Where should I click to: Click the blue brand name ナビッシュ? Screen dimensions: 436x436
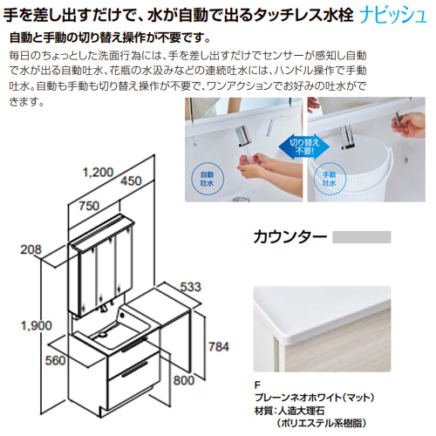[393, 16]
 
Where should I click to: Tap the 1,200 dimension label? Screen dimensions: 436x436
[98, 173]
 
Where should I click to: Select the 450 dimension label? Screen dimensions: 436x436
[131, 181]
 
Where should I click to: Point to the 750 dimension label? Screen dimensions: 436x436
[89, 206]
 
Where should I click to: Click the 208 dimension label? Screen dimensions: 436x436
[31, 249]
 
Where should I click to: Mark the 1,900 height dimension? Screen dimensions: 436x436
[37, 325]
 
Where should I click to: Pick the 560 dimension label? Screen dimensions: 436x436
[55, 360]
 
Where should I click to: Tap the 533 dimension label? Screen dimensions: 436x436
[191, 287]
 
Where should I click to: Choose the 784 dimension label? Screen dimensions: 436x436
[219, 346]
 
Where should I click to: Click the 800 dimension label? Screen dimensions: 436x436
[183, 380]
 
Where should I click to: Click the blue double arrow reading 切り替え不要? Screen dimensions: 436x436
[304, 146]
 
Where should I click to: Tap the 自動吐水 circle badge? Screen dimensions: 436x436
[207, 179]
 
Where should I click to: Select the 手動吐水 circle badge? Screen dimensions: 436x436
[330, 179]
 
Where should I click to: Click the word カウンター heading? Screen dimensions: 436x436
[290, 237]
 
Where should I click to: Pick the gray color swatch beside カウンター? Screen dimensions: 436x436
[362, 237]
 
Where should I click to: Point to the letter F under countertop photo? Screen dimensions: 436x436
[257, 385]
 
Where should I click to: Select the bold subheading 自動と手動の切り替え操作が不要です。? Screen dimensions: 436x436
[110, 37]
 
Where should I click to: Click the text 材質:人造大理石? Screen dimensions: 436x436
[290, 411]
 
